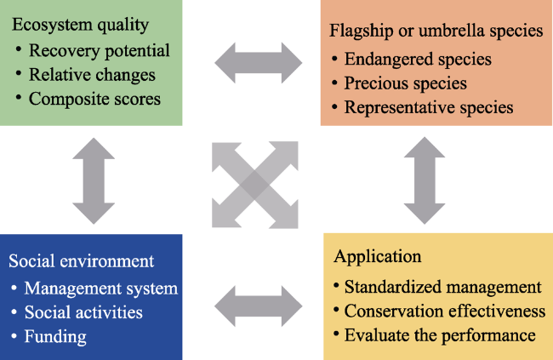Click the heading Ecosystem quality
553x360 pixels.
(x=81, y=25)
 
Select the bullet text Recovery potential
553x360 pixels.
(x=99, y=51)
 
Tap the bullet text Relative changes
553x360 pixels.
(x=92, y=75)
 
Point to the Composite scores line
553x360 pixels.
(x=94, y=100)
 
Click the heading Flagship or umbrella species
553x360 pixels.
(x=436, y=31)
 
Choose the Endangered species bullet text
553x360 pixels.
(x=418, y=60)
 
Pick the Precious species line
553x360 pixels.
(x=406, y=83)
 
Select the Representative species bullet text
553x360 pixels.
(x=429, y=107)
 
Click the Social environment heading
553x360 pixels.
(x=81, y=261)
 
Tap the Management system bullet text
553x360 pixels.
(x=101, y=289)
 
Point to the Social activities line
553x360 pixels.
(x=83, y=312)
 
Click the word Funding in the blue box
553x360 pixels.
(x=55, y=337)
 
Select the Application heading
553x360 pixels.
(x=378, y=256)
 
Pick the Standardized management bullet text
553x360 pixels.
(x=443, y=287)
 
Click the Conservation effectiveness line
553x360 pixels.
(x=445, y=311)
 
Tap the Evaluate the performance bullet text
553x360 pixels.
(x=440, y=335)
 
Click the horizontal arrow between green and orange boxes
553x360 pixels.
(x=259, y=63)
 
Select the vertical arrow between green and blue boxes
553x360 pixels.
(x=94, y=180)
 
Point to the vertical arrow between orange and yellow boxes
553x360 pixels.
(x=425, y=180)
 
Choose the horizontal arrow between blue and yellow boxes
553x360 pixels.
(x=259, y=306)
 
